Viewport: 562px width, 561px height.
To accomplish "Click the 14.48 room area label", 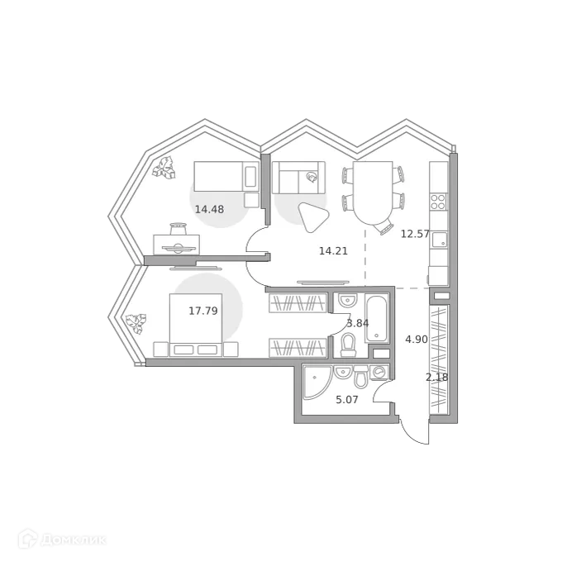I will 209,209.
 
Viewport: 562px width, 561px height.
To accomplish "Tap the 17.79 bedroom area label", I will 202,311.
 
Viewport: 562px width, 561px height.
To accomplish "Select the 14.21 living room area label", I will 333,250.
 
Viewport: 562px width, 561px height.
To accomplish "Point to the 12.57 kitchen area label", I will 415,234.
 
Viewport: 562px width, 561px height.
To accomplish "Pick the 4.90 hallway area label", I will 416,339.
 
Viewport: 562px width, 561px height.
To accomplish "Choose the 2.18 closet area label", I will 437,378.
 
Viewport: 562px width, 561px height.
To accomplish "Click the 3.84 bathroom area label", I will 358,323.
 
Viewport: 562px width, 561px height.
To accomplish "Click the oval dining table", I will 373,193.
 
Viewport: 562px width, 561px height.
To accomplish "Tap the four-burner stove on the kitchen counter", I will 438,201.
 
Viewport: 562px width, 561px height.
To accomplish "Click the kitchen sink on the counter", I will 439,240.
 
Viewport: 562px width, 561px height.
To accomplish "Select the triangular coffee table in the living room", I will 313,217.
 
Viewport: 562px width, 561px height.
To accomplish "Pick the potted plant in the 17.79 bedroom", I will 135,321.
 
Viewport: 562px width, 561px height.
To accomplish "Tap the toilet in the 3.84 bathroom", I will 348,344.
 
